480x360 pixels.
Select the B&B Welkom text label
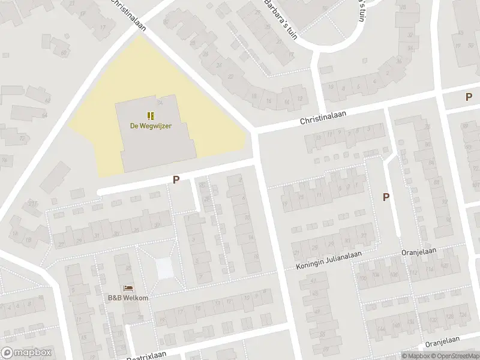pyautogui.click(x=128, y=298)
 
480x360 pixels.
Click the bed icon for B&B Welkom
pyautogui.click(x=128, y=289)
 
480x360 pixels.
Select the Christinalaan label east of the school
pyautogui.click(x=325, y=120)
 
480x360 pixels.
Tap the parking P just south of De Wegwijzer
pyautogui.click(x=176, y=179)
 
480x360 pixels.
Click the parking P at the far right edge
pyautogui.click(x=469, y=97)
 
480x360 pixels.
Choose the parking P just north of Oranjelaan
pyautogui.click(x=386, y=197)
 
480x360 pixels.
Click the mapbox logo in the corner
pyautogui.click(x=27, y=353)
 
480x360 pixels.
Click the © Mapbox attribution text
pyautogui.click(x=416, y=356)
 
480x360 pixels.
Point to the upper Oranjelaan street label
pyautogui.click(x=419, y=252)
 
